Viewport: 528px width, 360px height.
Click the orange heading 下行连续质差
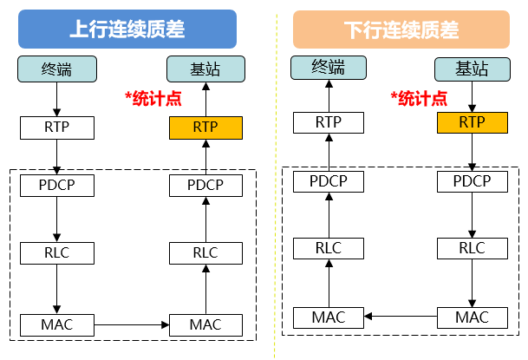pos(401,28)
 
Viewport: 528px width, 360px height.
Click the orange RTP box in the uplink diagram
pos(205,127)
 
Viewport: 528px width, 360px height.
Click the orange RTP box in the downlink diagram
pos(472,122)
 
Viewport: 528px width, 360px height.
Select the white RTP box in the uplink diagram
pos(56,127)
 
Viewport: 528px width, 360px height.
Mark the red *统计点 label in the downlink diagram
pos(419,98)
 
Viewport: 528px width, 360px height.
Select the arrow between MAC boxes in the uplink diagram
pos(130,325)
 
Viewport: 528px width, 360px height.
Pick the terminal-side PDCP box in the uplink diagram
pos(56,185)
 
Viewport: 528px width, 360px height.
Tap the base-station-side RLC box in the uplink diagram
pos(205,252)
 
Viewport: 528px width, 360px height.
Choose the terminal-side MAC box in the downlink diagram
pos(327,317)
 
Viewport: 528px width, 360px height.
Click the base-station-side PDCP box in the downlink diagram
pos(472,181)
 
